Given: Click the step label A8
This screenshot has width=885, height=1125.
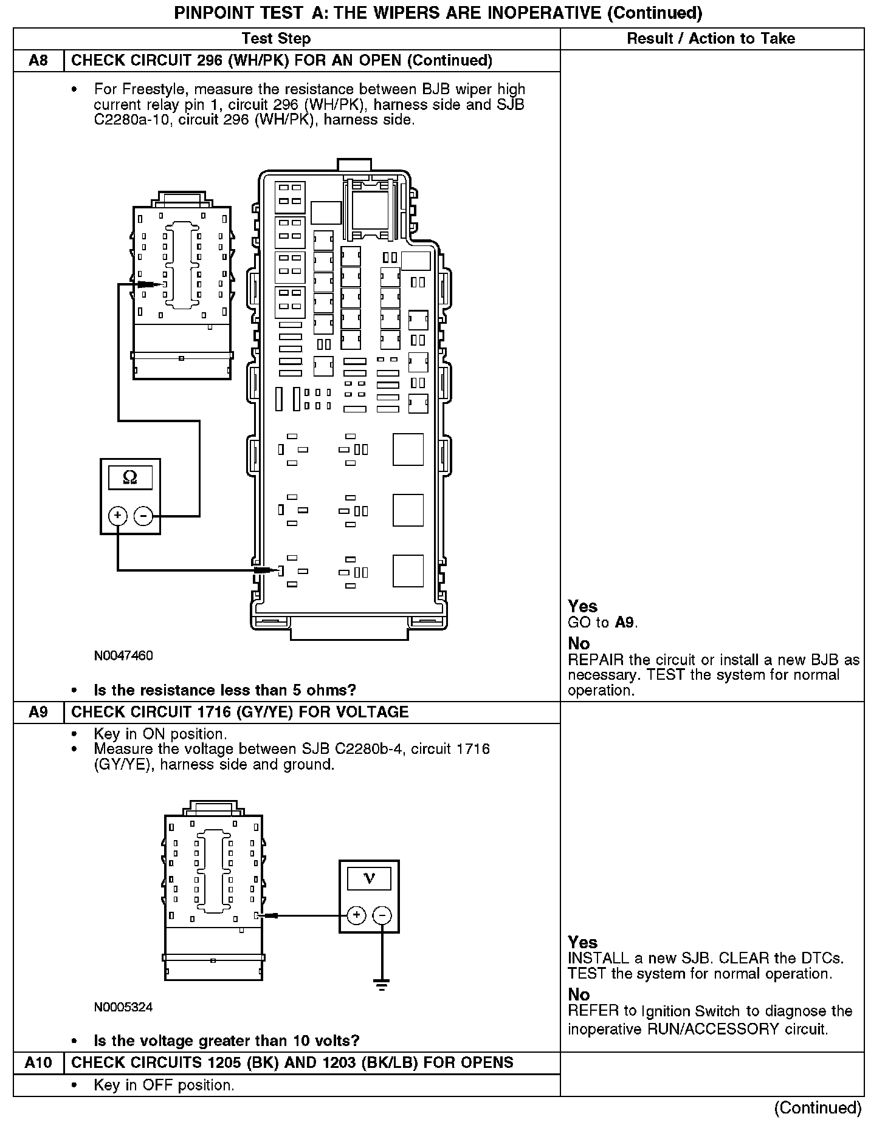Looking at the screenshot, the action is pos(38,61).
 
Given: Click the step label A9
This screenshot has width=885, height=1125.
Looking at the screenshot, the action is pos(38,712).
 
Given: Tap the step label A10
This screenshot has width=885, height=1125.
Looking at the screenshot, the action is pos(38,1062).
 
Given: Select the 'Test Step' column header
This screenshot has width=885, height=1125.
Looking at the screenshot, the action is pos(276,39).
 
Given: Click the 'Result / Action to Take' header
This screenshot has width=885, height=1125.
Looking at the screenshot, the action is pos(711,39).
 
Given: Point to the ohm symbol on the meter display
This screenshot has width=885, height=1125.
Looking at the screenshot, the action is pos(129,477).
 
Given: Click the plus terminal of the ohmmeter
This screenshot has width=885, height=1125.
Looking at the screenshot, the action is pos(117,516).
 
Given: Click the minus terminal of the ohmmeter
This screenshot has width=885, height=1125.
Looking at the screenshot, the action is pos(143,516).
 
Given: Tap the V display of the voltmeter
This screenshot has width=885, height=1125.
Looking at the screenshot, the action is pos(369,878).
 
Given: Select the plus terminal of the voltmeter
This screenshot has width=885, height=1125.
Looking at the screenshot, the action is pos(356,915).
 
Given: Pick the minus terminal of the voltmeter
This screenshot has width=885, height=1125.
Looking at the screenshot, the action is pos(382,915).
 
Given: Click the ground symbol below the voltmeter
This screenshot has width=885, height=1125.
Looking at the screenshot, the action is pos(382,986).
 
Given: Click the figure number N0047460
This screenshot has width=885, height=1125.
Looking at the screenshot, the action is pos(123,655).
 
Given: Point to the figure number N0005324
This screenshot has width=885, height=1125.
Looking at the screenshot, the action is pos(123,1007).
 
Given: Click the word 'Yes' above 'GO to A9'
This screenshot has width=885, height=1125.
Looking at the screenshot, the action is pos(582,606).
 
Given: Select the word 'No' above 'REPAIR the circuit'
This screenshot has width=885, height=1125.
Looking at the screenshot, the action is pos(579,643).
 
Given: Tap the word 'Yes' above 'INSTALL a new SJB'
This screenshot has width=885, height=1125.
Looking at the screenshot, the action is pos(582,942).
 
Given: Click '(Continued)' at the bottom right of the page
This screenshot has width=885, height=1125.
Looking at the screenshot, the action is pos(818,1107).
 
